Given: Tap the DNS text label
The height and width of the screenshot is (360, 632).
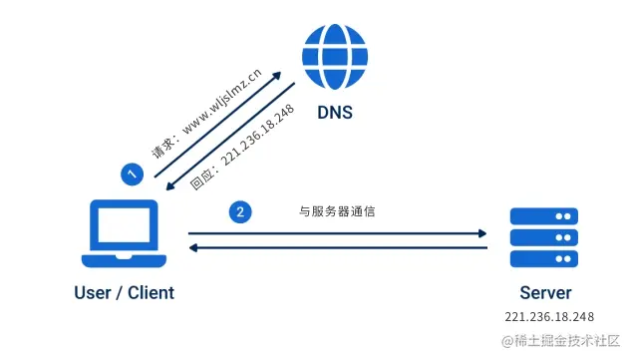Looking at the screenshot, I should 335,115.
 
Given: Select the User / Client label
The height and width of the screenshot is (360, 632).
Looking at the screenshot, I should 124,293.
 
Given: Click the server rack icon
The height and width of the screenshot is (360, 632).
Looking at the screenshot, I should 544,238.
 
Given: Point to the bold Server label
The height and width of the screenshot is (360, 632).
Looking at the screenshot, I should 545,293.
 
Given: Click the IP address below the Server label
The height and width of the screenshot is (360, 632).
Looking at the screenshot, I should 549,317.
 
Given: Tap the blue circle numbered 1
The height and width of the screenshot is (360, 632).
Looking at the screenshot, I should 131,174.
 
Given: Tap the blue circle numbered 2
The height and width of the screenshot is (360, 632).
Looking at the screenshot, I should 238,211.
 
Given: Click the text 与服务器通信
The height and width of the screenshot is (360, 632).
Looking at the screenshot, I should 338,211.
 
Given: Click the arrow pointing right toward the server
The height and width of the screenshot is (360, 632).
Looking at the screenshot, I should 338,234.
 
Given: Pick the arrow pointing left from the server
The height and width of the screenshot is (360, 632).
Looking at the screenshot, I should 338,248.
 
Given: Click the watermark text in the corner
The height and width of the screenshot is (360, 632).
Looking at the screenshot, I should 564,342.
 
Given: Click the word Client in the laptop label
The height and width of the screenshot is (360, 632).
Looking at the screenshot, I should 150,293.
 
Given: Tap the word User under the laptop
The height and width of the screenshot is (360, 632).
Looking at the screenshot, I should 92,293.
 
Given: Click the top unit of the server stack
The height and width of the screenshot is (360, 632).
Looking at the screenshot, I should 544,216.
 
